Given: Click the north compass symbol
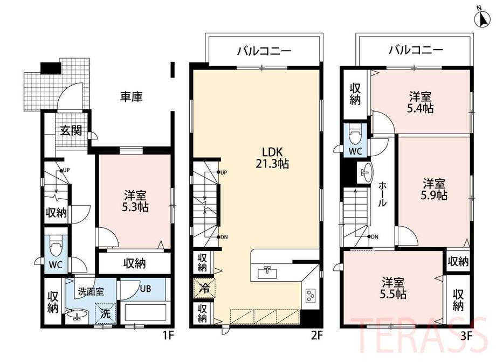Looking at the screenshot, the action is click(482, 18).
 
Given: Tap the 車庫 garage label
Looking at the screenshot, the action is click(131, 96).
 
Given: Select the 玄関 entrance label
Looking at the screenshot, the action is click(71, 130).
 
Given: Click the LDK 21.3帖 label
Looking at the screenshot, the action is click(272, 158).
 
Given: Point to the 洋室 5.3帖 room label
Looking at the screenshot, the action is click(135, 201).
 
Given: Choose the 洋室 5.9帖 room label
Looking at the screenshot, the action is click(434, 189).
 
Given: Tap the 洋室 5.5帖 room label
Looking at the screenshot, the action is click(393, 288).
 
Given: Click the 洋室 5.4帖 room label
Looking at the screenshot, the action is click(420, 102).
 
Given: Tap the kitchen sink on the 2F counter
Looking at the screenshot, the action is click(267, 273).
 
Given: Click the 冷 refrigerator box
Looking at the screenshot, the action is click(204, 288).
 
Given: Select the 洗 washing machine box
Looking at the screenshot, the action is click(106, 313).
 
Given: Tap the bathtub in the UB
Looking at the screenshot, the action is click(143, 313).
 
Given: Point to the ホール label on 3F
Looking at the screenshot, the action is click(382, 194).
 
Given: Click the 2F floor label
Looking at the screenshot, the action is click(316, 335).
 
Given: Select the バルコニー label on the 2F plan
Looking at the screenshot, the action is click(264, 51).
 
